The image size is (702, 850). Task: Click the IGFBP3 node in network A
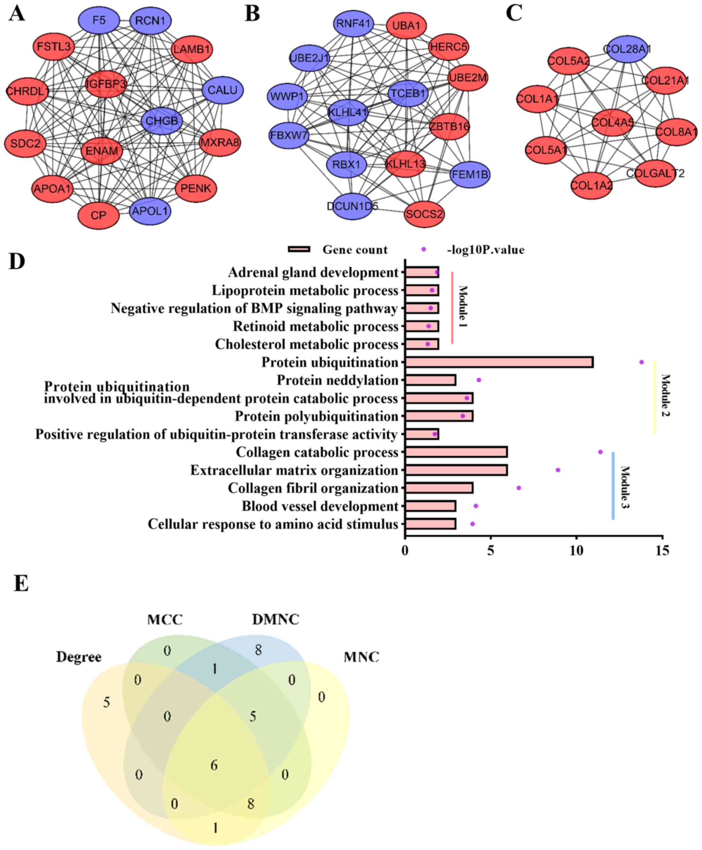point(106,84)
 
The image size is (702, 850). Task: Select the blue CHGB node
point(162,121)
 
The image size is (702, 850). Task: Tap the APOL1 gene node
point(150,211)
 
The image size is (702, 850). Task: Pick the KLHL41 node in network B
point(348,112)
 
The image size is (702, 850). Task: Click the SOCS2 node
point(424,214)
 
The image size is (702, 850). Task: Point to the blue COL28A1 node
point(627,49)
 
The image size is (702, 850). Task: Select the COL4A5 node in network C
point(612,122)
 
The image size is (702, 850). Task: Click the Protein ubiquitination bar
point(499,362)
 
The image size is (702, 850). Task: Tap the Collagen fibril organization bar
point(439,488)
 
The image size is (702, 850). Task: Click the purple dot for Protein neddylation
point(479,380)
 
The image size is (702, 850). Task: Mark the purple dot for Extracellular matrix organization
point(558,470)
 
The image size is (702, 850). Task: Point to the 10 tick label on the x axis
point(577,550)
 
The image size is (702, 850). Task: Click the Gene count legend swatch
point(299,249)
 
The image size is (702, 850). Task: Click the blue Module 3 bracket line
point(613,485)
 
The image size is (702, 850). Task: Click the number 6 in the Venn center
point(214,765)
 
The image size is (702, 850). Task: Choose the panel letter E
point(21,584)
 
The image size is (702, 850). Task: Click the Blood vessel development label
point(320,506)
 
